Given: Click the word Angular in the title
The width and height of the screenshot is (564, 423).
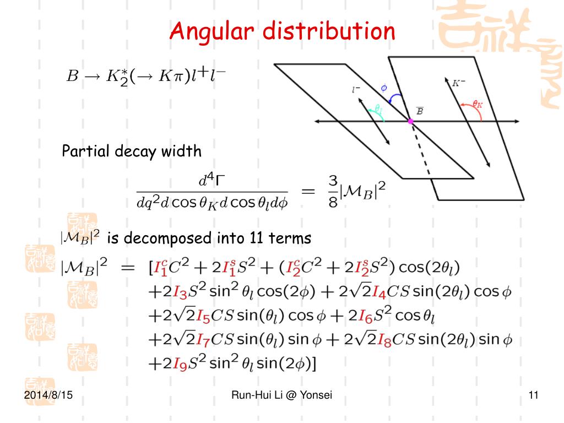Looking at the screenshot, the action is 212,31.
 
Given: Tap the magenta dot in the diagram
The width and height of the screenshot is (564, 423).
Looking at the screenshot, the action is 410,121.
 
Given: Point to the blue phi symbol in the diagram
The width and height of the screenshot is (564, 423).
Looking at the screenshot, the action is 384,87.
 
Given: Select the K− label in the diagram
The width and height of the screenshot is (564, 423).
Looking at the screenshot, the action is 459,84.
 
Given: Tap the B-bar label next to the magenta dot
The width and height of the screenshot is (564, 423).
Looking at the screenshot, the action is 420,111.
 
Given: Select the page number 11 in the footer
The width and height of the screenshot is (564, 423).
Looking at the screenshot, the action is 533,395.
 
